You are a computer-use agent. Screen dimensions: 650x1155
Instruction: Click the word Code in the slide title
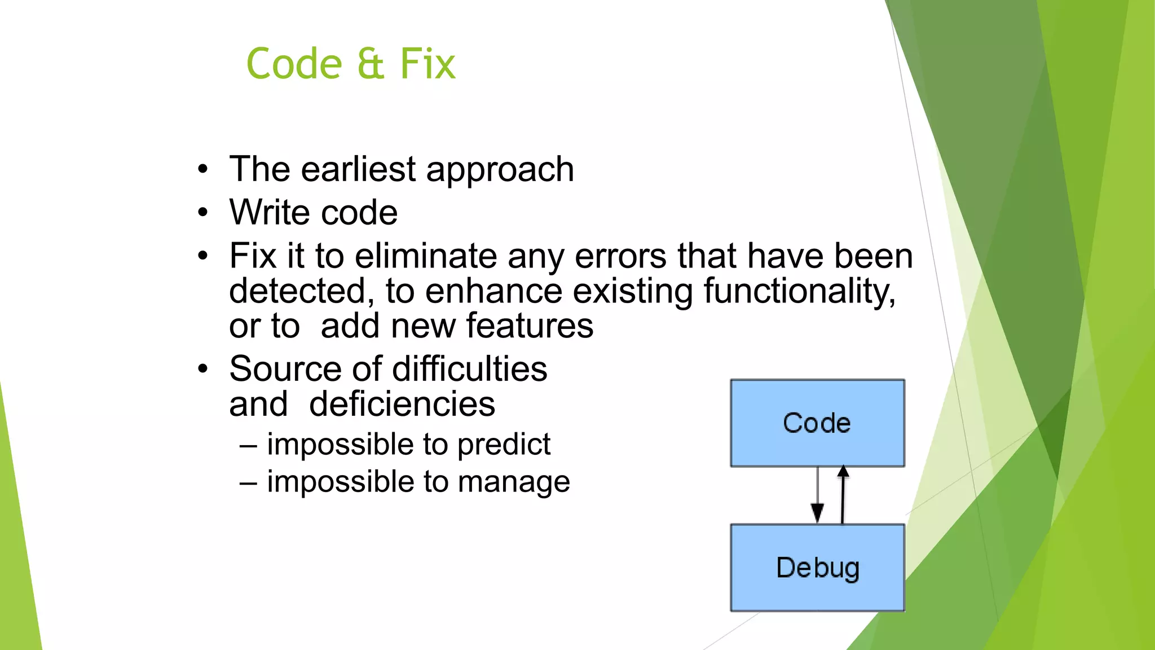[x=294, y=64]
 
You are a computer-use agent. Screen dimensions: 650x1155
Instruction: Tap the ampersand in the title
[x=371, y=64]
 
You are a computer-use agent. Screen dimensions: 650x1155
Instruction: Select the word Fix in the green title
[x=427, y=64]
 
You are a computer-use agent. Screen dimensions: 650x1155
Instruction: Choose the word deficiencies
[x=402, y=405]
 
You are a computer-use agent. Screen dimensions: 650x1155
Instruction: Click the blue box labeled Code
[x=817, y=423]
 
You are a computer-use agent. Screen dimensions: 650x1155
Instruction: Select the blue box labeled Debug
[x=817, y=568]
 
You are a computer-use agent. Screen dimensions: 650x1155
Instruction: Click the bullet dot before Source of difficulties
[x=203, y=370]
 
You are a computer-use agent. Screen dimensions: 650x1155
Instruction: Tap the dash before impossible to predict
[x=248, y=446]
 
